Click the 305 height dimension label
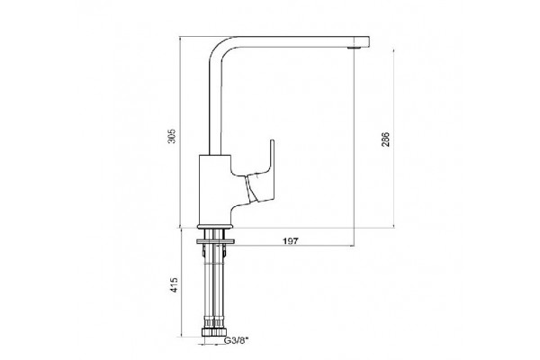pos(172,136)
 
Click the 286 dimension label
pos(385,139)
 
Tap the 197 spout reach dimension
pos(291,241)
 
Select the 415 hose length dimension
pos(175,285)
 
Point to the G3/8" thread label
pos(236,341)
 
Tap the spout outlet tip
pos(352,48)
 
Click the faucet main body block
pos(215,190)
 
